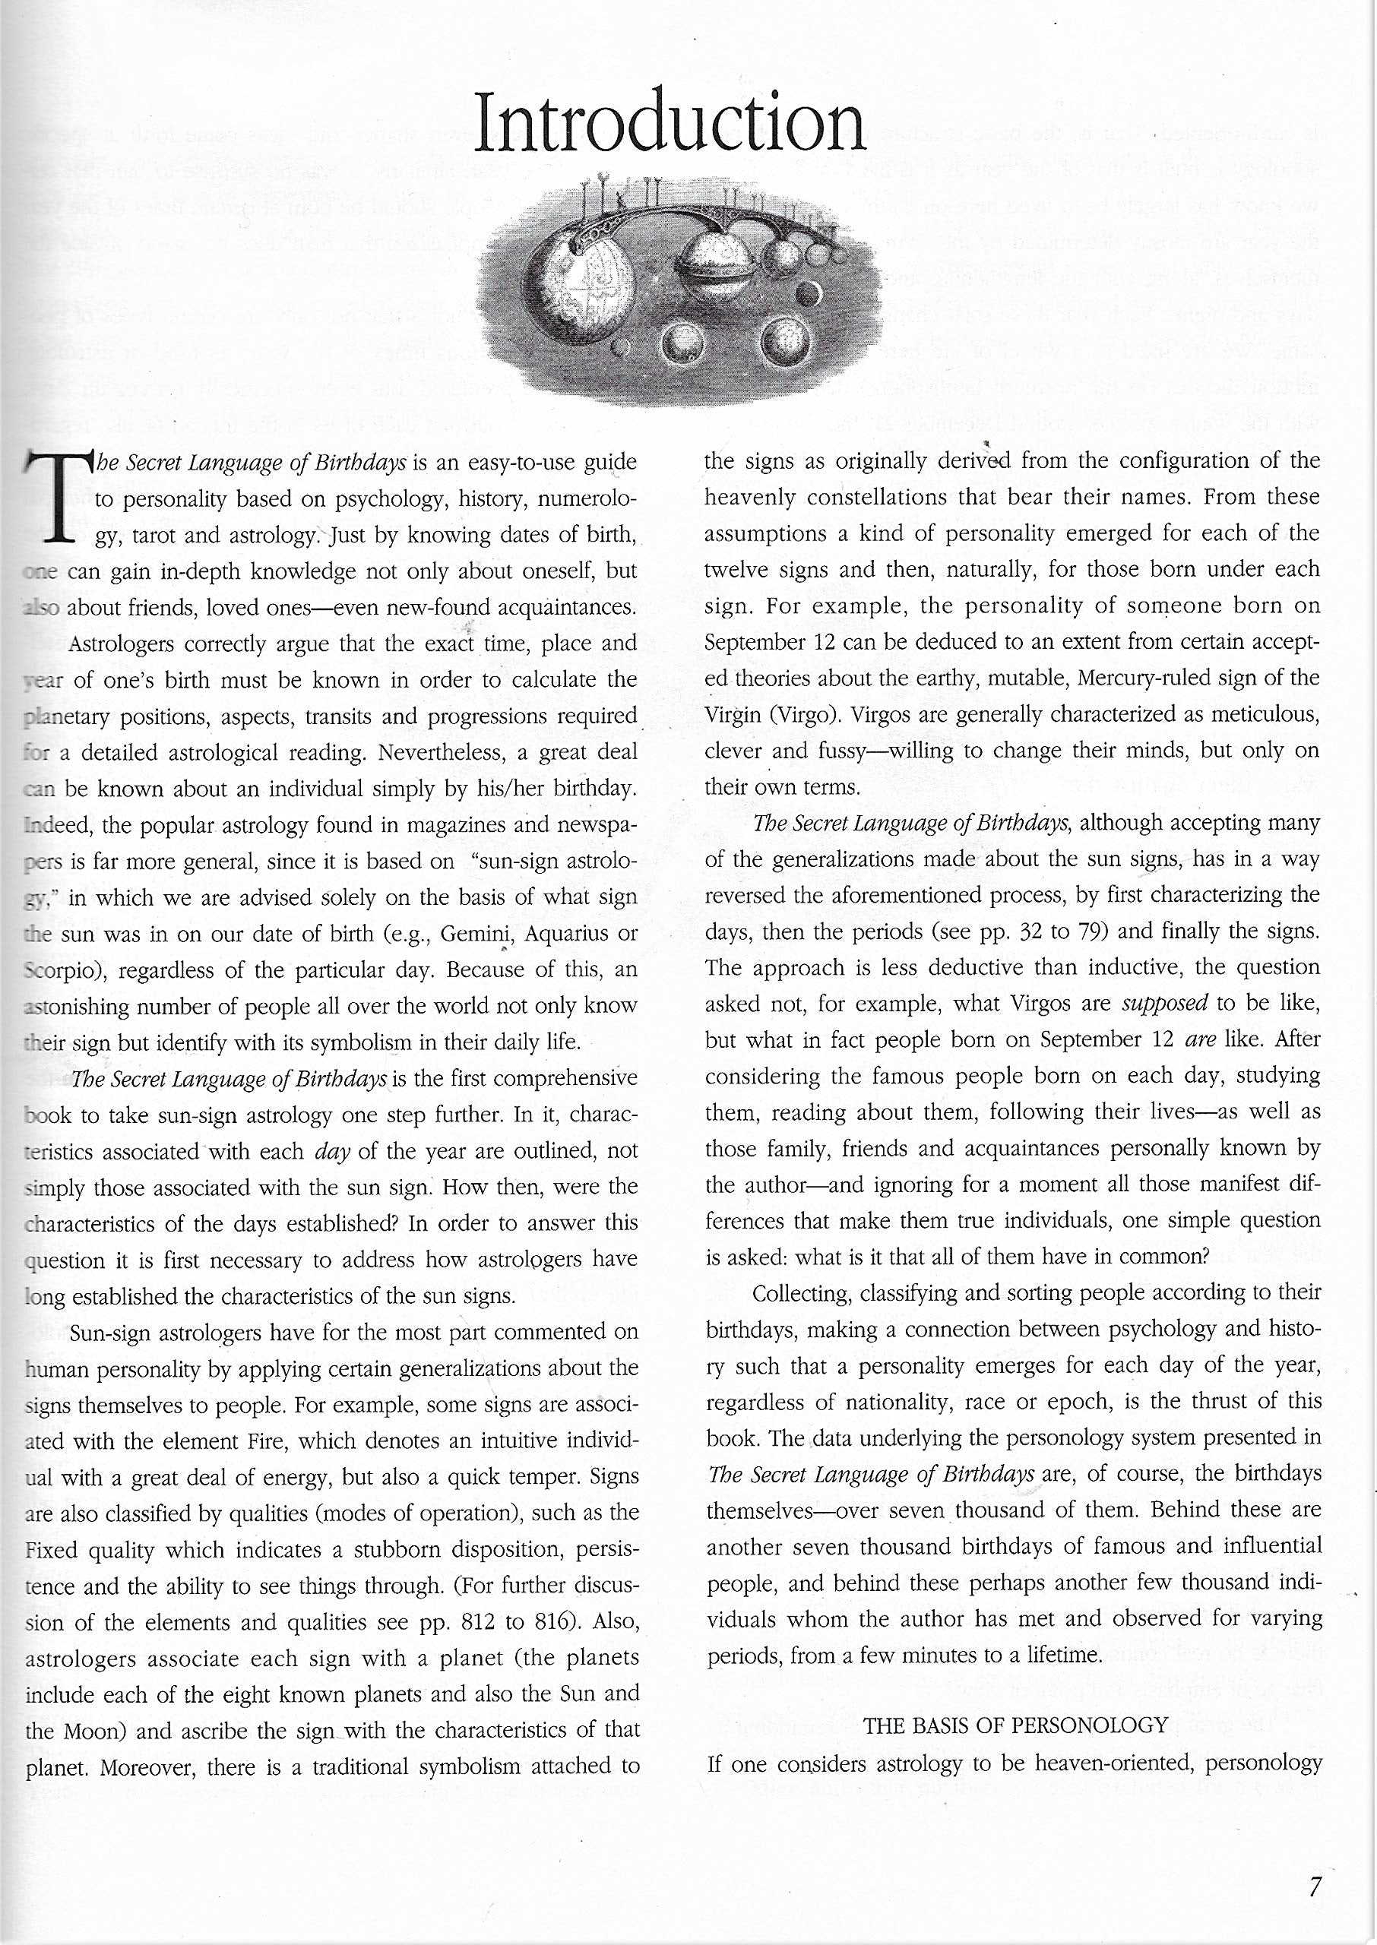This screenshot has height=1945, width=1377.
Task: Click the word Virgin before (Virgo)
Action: tap(733, 714)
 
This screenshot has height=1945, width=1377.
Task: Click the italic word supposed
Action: tap(1164, 1004)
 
